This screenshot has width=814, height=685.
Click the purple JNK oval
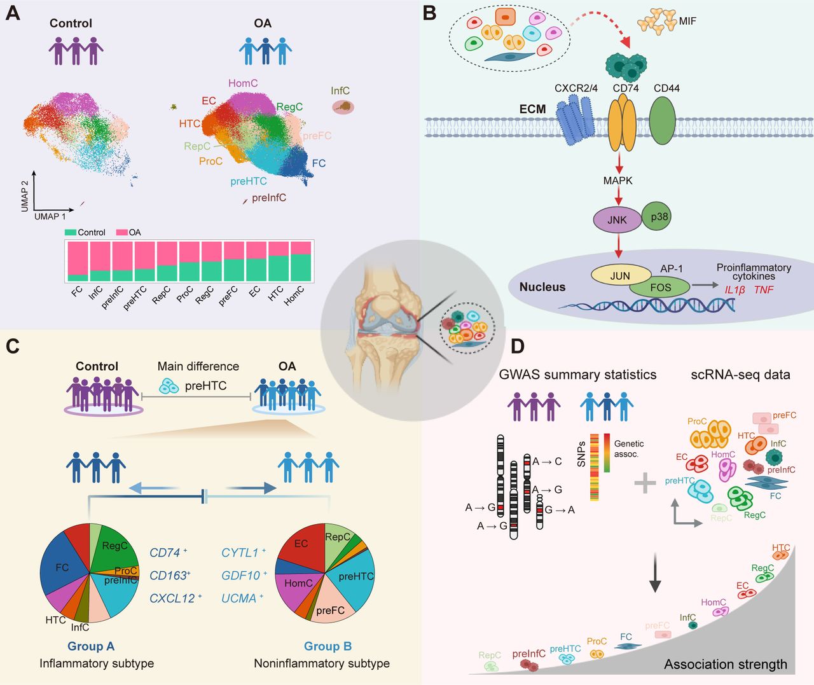(x=617, y=219)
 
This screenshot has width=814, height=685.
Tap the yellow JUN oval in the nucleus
(x=620, y=275)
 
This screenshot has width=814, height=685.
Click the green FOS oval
(x=660, y=287)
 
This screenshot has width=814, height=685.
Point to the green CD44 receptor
(x=663, y=120)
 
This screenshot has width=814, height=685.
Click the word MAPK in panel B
(x=618, y=181)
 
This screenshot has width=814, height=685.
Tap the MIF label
(x=687, y=21)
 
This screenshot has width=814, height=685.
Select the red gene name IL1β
(x=735, y=289)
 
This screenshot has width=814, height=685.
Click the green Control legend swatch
(x=70, y=232)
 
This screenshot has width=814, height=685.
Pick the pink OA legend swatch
(x=122, y=232)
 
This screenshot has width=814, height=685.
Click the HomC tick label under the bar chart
(x=294, y=296)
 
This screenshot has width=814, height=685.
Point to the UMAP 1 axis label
(x=50, y=216)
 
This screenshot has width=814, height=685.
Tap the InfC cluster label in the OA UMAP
(x=340, y=91)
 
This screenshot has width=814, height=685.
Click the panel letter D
(x=518, y=346)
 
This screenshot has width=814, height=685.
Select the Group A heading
(x=91, y=646)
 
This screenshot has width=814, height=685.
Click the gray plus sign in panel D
(x=645, y=483)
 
